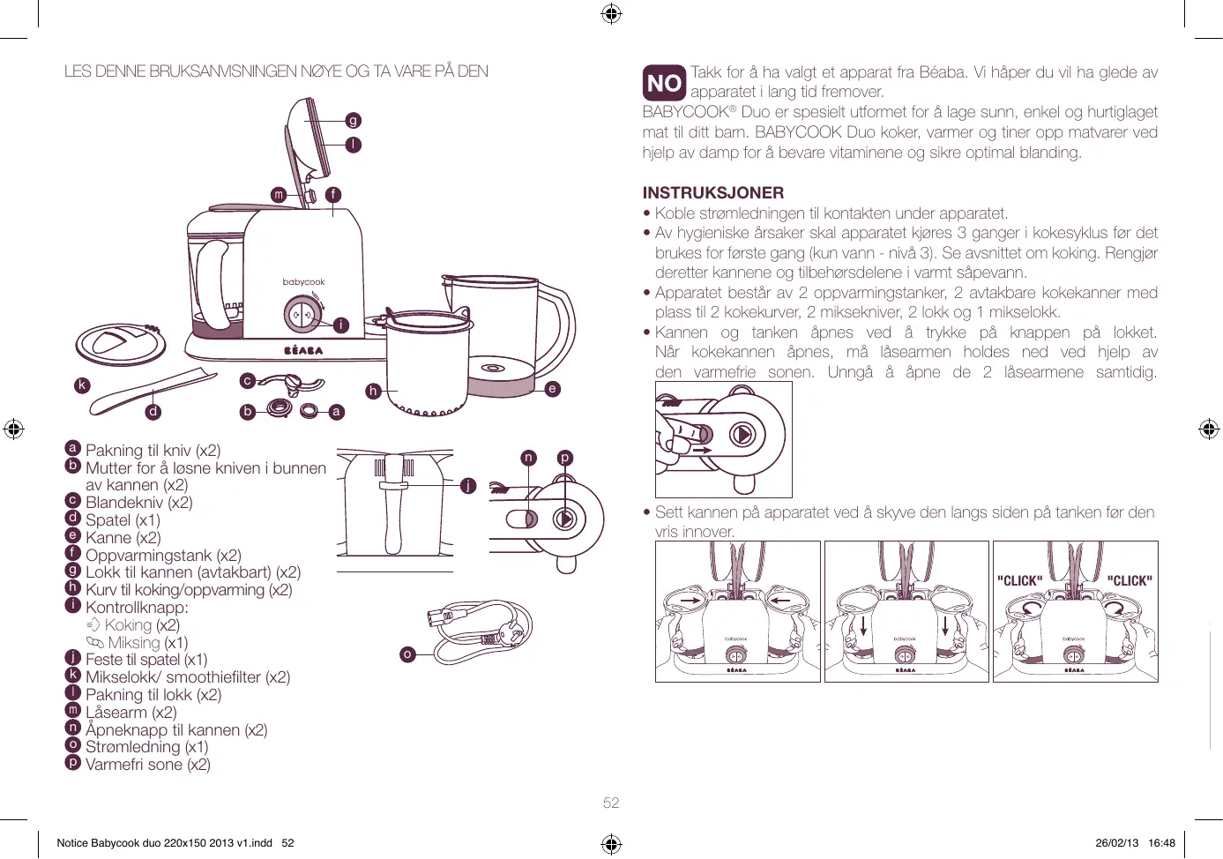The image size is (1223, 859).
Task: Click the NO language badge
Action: coord(664,83)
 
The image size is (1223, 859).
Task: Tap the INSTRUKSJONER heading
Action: coord(712,192)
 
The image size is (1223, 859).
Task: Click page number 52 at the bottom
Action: coord(611,803)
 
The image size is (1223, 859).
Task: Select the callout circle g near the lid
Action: coord(353,120)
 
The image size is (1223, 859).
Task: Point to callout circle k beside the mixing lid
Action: coord(82,385)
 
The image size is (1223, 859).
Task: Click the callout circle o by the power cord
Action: coord(406,654)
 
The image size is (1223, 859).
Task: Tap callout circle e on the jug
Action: coord(552,388)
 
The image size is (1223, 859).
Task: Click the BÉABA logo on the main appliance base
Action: coord(303,350)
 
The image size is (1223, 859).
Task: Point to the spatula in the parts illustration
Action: coord(154,391)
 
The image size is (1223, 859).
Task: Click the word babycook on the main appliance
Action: coord(303,282)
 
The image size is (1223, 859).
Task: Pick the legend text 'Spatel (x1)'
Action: coord(123,520)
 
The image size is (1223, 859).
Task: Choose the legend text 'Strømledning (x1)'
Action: coord(146,747)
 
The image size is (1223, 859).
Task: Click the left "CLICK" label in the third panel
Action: coord(1019,581)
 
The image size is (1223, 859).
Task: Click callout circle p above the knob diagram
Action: coord(564,457)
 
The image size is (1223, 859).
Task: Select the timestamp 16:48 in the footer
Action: coord(1161,843)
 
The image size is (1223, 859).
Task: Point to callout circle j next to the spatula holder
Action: coord(468,485)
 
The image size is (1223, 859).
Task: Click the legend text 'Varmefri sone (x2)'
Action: coord(147,765)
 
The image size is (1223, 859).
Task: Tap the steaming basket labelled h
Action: coord(426,362)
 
